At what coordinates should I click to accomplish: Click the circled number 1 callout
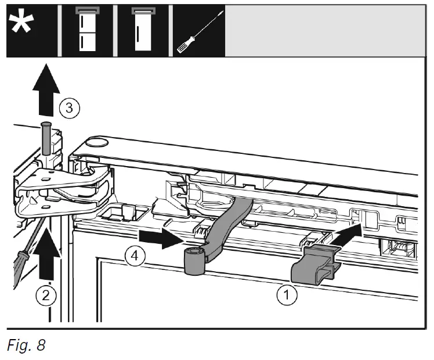pyautogui.click(x=287, y=294)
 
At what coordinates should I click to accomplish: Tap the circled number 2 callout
pyautogui.click(x=46, y=296)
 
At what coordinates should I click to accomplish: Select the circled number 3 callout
pyautogui.click(x=70, y=108)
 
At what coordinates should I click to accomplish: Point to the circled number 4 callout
pyautogui.click(x=135, y=256)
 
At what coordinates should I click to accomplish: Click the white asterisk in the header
pyautogui.click(x=21, y=23)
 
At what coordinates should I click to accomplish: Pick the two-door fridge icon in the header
pyautogui.click(x=88, y=29)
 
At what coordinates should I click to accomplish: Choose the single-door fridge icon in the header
pyautogui.click(x=143, y=29)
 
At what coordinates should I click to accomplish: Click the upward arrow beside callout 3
pyautogui.click(x=46, y=90)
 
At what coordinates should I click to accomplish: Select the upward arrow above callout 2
pyautogui.click(x=47, y=253)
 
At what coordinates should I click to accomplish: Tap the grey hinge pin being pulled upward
pyautogui.click(x=46, y=138)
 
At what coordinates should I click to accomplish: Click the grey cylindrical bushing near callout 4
pyautogui.click(x=195, y=261)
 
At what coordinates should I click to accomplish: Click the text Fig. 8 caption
pyautogui.click(x=26, y=345)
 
